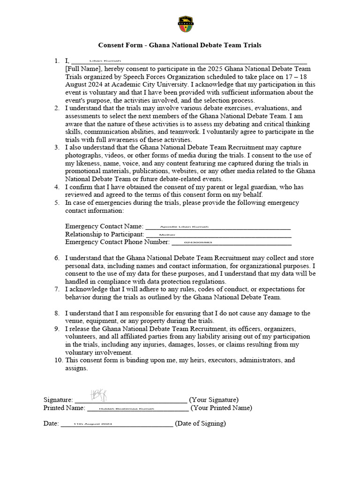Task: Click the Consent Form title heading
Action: click(180, 45)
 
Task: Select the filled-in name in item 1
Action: click(105, 61)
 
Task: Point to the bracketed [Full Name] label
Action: click(82, 68)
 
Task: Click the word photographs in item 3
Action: click(83, 155)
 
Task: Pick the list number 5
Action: click(56, 203)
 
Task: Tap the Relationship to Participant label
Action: click(105, 234)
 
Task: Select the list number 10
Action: click(58, 360)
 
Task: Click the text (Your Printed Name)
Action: click(221, 408)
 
